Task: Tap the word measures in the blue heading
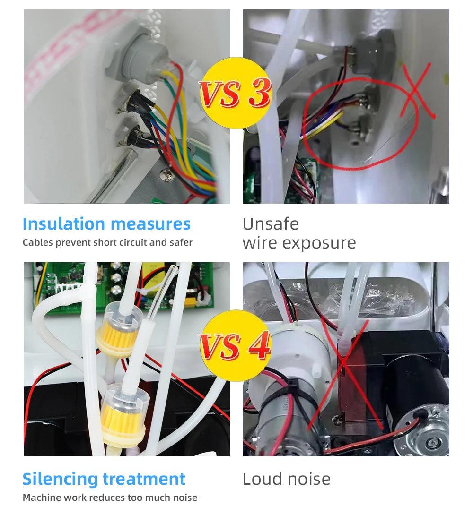pos(151,224)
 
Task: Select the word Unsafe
pos(271,224)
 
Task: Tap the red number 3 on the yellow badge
pos(260,92)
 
